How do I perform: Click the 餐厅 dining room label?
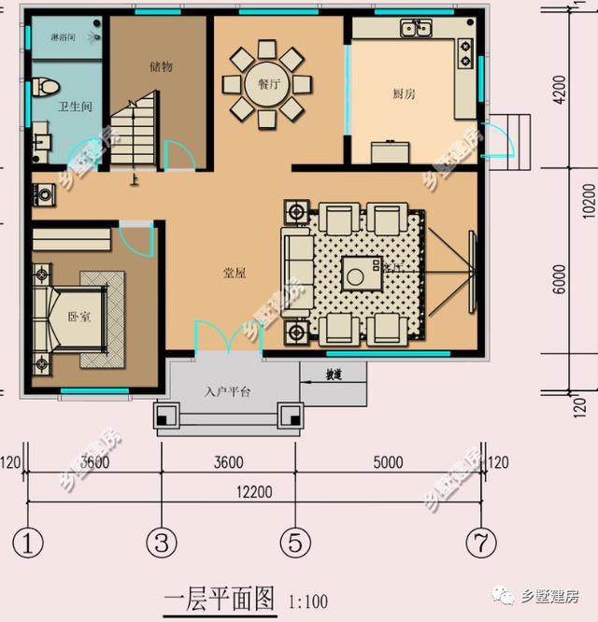269,83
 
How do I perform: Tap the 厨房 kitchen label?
404,93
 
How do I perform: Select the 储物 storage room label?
161,66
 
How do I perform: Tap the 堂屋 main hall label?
234,273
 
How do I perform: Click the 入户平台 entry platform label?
227,392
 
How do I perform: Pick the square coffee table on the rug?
358,273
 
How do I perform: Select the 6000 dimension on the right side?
559,278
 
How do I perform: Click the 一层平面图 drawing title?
220,598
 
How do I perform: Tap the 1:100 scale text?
308,601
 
